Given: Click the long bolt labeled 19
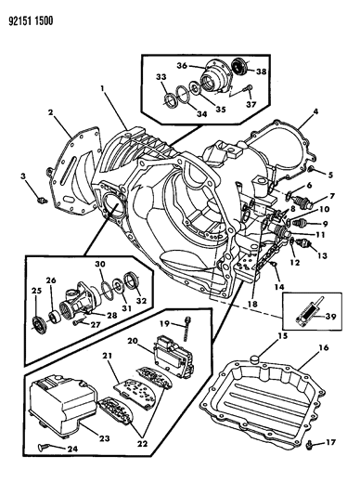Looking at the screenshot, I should point(188,324).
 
